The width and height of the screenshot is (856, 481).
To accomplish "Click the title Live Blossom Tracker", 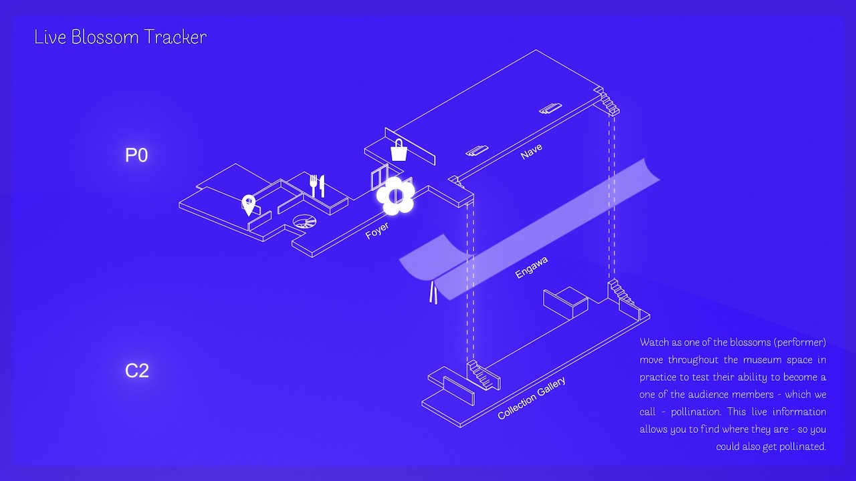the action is (x=120, y=37).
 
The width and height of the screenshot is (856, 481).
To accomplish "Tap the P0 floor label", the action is (x=136, y=156).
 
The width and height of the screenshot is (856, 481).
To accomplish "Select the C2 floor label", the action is (x=136, y=370).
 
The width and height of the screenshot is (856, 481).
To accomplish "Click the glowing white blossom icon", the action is (x=395, y=195).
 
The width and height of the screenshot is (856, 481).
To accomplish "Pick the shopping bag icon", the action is (x=399, y=150).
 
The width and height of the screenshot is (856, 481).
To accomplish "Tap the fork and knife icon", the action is (x=317, y=185).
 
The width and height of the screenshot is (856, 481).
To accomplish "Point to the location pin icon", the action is (x=249, y=205).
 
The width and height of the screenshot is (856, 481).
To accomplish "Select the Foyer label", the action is (x=377, y=231).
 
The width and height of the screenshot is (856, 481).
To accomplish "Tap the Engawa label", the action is (x=532, y=268).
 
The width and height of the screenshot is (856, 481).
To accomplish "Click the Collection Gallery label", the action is (x=532, y=398).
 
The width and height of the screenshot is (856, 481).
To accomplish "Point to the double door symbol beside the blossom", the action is (x=379, y=178).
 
